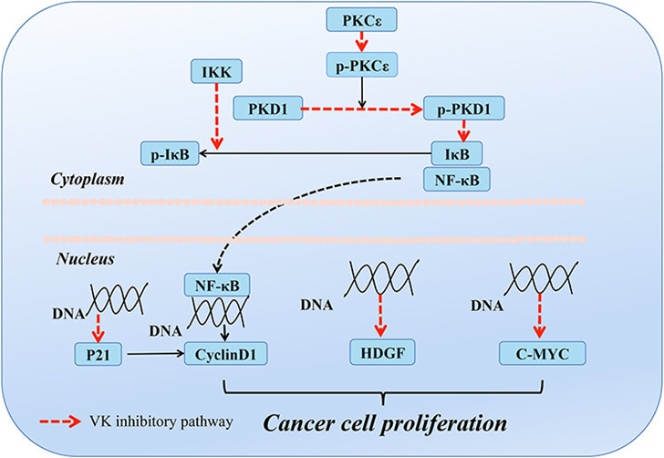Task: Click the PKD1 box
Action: click(x=267, y=109)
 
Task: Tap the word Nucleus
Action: click(x=83, y=259)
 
